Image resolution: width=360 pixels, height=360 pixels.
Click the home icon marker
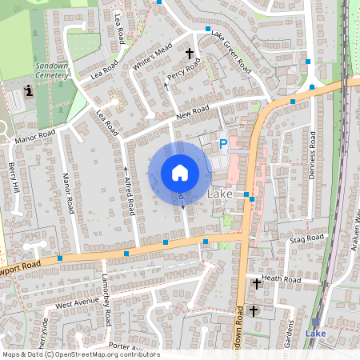[x=180, y=173]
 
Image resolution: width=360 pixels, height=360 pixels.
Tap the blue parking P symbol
[x=223, y=144]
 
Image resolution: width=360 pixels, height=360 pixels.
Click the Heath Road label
[x=281, y=279]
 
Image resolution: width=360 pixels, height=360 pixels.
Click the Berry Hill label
[x=14, y=177]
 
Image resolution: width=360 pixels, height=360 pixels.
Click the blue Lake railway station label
[x=317, y=333]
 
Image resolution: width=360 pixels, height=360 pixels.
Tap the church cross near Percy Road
[x=190, y=54]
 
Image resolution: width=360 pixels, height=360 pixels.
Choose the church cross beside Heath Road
[x=258, y=283]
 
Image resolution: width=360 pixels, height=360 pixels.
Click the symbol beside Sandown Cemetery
[x=29, y=91]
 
